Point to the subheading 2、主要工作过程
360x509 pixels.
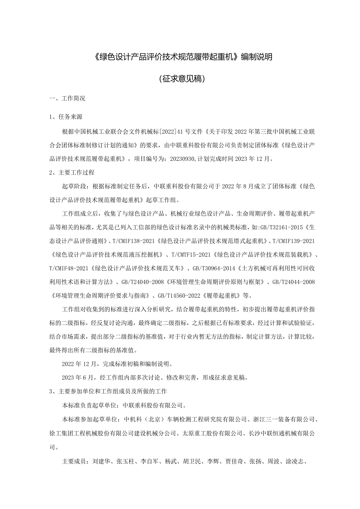pos(72,172)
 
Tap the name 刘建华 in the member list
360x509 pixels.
pos(101,461)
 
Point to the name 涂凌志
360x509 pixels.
pos(294,461)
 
